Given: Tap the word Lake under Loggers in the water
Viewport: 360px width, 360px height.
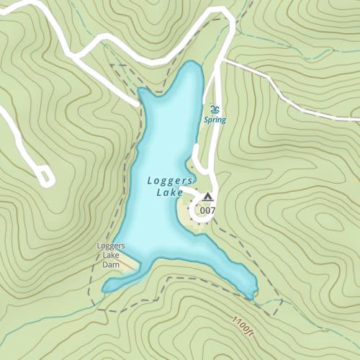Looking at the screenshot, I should tap(167, 192).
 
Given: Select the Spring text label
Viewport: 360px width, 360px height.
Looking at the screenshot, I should tap(215, 120).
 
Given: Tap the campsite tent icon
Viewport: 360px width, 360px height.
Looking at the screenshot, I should tap(208, 197).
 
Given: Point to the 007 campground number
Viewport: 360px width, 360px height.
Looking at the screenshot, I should tap(208, 210).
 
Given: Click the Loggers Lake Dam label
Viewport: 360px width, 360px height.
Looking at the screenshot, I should tap(111, 255).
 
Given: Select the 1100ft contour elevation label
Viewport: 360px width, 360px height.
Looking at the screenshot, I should tap(243, 325).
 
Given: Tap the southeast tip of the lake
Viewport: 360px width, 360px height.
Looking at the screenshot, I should tap(252, 294).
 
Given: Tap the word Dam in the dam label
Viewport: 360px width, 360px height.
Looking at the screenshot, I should tap(110, 265).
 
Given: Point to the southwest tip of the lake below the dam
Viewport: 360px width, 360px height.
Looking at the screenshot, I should tap(105, 289).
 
